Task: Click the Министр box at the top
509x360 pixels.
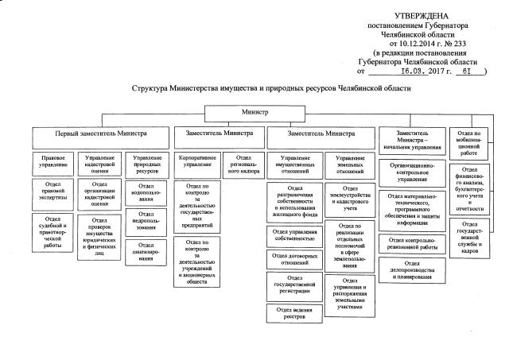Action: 255,113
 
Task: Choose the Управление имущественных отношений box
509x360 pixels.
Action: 295,164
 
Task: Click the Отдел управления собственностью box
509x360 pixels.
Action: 295,234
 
